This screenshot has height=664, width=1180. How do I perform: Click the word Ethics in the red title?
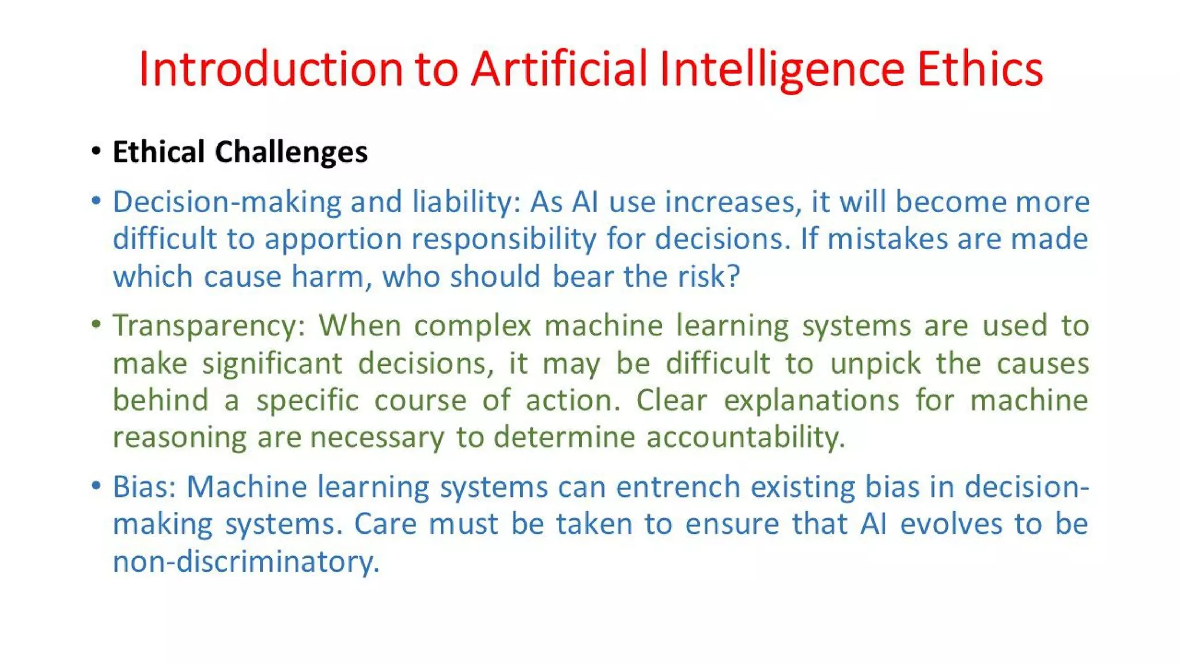(979, 69)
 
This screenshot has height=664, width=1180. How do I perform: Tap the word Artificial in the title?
(559, 69)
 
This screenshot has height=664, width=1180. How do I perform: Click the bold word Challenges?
(291, 153)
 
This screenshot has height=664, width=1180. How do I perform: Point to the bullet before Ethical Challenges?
(96, 152)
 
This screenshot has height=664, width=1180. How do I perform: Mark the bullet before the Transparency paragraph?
(96, 325)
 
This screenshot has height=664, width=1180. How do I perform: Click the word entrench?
(678, 488)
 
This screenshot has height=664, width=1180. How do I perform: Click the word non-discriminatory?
(246, 562)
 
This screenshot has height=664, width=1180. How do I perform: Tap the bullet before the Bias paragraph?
(96, 486)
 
